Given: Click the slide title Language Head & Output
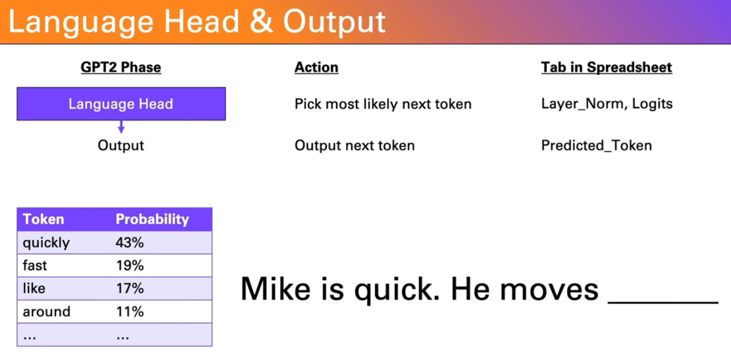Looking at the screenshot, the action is point(197,21).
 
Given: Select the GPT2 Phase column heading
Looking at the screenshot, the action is point(121,67).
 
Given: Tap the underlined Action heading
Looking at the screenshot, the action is point(316,67).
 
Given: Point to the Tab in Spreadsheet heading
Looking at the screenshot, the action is point(606,67).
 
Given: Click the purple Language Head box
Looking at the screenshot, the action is point(121,104).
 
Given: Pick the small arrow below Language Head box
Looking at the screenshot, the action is point(121,127).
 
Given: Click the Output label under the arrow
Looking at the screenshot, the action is point(121,146).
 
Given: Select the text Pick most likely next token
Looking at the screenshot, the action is point(383,104).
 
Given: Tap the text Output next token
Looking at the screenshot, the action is point(354,146).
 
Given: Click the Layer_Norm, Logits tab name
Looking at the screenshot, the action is point(607,104).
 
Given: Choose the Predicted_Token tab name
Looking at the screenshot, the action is point(597,146).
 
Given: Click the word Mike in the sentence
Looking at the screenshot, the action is point(275,289).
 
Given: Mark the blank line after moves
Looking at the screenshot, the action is point(663,303).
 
